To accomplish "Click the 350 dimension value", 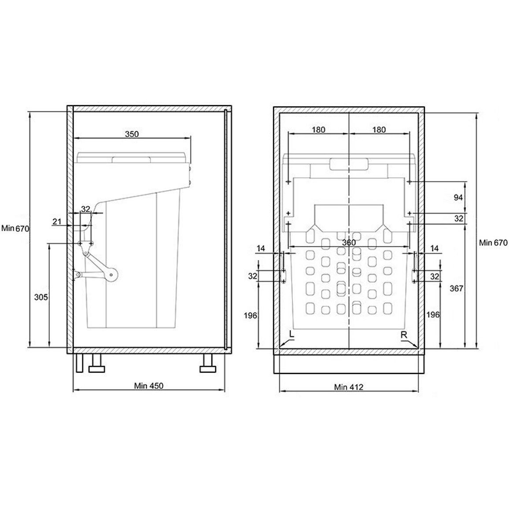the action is pos(132,134).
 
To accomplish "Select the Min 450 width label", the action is pos(149,386).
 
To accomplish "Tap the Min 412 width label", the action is pos(349,387).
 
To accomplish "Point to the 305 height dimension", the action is pos(41,297).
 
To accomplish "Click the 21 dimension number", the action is pos(57,222).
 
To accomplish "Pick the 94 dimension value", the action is pos(458,197).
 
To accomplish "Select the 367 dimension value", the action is pos(456,288).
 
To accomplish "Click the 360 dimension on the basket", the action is pos(349,243).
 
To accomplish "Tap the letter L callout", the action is pos(291,335).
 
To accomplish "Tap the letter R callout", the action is pos(404,335).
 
